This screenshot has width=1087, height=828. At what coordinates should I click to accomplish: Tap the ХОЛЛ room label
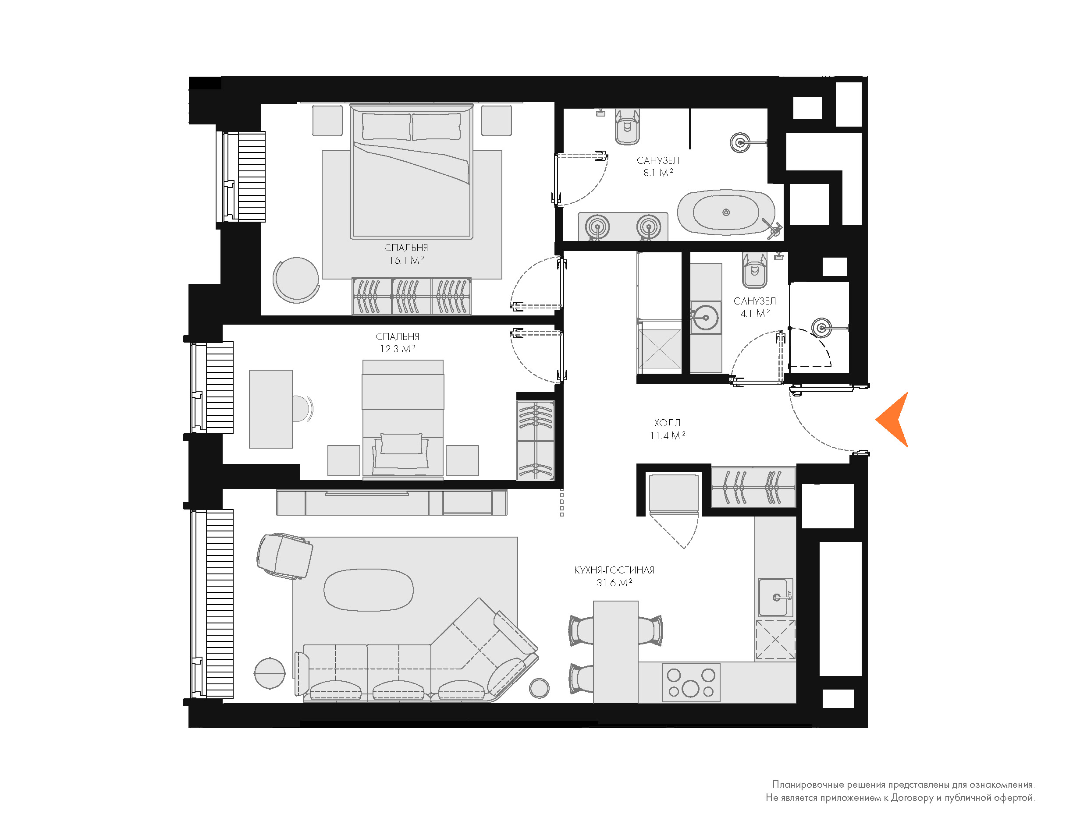(x=667, y=423)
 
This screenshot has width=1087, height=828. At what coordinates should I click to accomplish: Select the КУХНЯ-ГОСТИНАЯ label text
(x=614, y=570)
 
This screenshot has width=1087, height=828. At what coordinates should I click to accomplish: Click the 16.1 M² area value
(x=406, y=260)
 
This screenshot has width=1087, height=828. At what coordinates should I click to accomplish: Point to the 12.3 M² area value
(x=398, y=349)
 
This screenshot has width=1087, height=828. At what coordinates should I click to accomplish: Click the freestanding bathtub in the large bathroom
(x=726, y=212)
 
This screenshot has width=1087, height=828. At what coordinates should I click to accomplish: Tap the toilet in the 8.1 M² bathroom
(x=627, y=127)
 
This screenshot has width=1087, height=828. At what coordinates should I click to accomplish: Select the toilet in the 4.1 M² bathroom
(x=754, y=270)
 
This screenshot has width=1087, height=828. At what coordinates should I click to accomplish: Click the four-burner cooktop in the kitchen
(x=691, y=683)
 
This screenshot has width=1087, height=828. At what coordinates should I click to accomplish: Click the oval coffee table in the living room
(x=368, y=590)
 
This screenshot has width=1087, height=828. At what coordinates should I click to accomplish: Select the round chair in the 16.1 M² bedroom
(x=296, y=280)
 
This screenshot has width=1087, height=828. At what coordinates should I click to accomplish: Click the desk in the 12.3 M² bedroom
(x=270, y=409)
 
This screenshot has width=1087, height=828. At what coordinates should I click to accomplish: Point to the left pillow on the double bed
(x=387, y=127)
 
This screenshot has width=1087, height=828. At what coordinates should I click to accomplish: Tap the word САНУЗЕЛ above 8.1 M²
(x=657, y=161)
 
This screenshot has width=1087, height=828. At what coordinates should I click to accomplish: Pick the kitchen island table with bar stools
(x=616, y=651)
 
